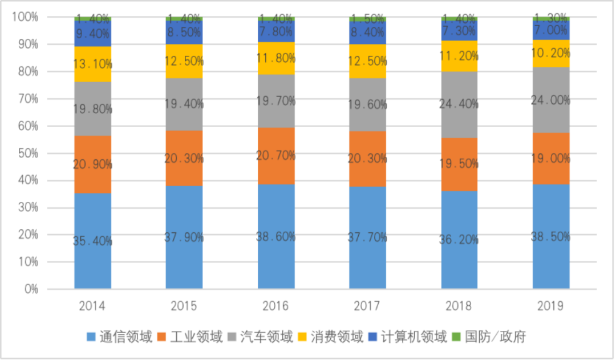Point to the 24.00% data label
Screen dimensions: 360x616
pos(551,100)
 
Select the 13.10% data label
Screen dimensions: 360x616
pos(92,64)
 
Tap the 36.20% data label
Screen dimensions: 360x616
pos(460,240)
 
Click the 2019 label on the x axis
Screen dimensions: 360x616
pos(551,306)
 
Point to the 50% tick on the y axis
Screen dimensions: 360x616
pos(26,153)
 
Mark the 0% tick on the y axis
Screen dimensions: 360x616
pos(30,289)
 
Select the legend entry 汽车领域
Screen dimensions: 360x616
pos(266,337)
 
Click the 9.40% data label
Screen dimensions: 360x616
pos(92,34)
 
